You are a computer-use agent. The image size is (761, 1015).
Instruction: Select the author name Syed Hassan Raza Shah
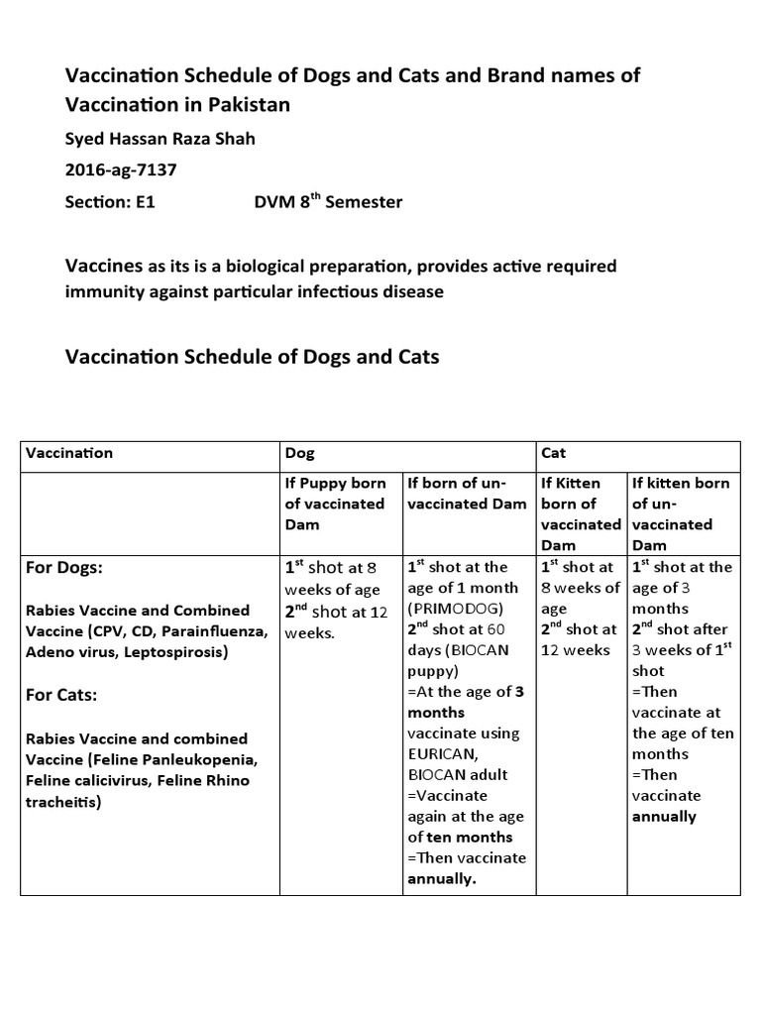tap(160, 139)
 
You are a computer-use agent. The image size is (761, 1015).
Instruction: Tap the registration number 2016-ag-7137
tap(121, 169)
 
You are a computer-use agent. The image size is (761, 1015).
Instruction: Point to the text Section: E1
tap(111, 202)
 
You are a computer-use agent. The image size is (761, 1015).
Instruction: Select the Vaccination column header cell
tap(69, 453)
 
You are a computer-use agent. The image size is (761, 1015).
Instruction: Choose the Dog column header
tap(299, 453)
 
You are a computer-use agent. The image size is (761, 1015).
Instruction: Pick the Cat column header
tap(553, 453)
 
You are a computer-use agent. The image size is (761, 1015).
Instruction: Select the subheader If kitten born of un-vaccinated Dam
tap(682, 513)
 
